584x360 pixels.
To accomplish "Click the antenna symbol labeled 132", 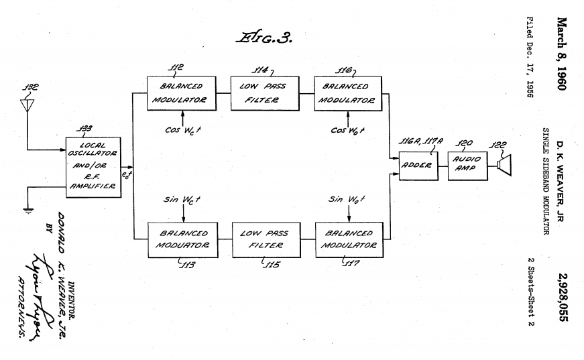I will [x=27, y=106].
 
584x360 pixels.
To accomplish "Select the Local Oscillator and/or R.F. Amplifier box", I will [x=95, y=167].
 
